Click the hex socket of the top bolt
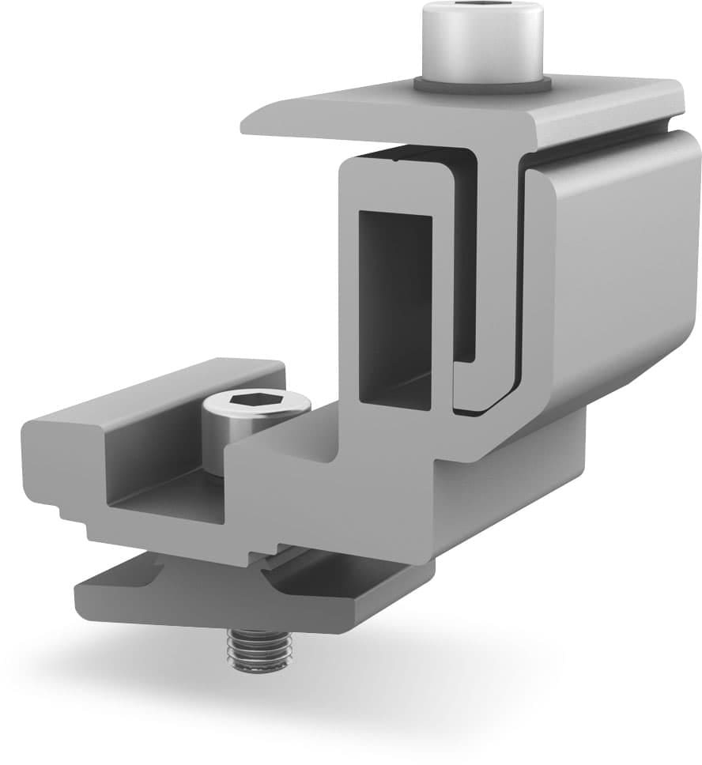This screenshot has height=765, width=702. click(481, 9)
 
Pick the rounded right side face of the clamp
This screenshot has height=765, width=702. click(617, 269)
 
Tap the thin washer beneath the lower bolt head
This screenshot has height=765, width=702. click(215, 472)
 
